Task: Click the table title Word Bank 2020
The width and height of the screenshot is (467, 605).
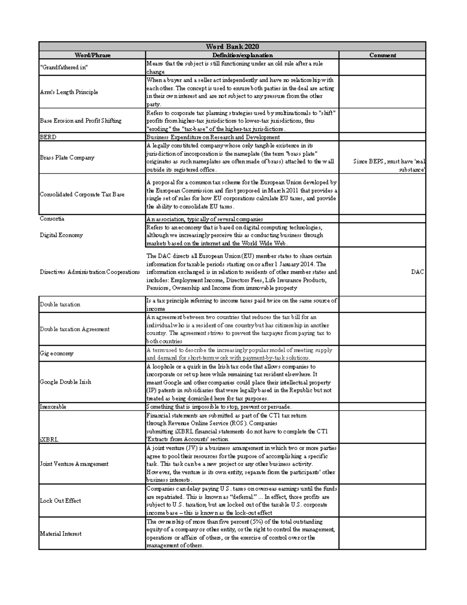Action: point(232,47)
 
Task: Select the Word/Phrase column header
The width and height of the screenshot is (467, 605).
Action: point(92,55)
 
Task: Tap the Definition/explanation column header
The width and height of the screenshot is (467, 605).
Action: point(242,55)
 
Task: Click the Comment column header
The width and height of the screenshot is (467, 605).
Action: point(383,55)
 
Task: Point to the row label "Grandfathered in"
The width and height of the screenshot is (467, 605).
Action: point(64,67)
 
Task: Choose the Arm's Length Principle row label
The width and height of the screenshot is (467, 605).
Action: point(69,92)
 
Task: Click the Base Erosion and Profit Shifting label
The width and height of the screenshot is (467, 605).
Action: point(81,121)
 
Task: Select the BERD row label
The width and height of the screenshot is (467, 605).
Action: point(48,137)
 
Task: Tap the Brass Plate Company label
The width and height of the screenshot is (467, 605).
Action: point(67,158)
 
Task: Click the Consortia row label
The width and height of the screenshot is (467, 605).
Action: point(52,219)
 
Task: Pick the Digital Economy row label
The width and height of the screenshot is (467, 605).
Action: point(61,235)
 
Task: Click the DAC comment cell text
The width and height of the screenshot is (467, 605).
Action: point(417,272)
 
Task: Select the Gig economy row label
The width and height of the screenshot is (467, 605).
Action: point(56,354)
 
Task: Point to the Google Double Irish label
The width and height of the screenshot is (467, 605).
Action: point(65,382)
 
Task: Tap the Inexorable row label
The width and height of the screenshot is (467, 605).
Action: point(53,407)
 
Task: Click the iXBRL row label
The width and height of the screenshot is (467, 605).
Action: point(49,439)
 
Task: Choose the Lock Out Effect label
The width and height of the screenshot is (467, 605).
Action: point(60,501)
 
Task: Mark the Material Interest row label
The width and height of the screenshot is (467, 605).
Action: point(61,534)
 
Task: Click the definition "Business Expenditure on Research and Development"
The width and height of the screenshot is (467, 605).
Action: point(213,137)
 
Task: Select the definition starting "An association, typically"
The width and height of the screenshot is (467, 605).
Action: point(205,219)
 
